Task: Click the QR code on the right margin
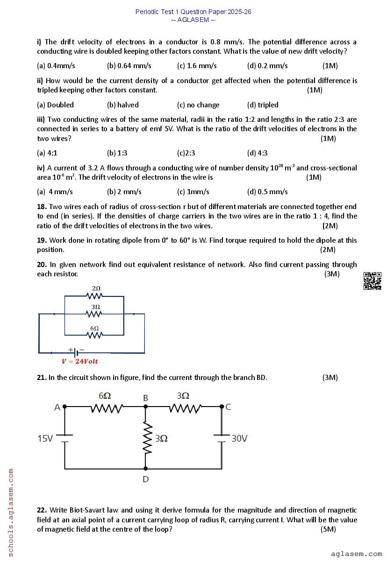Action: [373, 281]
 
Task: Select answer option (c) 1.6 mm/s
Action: [197, 66]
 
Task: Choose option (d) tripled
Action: [263, 105]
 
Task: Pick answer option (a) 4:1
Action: [47, 153]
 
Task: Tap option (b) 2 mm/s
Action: [124, 192]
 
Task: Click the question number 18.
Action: [42, 207]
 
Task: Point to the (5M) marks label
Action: [328, 529]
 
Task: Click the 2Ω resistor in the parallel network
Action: [95, 295]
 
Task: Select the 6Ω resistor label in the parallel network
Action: [94, 329]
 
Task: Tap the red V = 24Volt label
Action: [80, 361]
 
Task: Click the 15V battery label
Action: [45, 439]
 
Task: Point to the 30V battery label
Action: [239, 439]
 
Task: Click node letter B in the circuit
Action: [145, 398]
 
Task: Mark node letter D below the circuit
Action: [146, 479]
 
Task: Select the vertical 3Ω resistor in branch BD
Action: [146, 438]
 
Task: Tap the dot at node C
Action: [222, 407]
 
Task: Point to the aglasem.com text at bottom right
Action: [356, 554]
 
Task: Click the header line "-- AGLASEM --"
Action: [193, 20]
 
